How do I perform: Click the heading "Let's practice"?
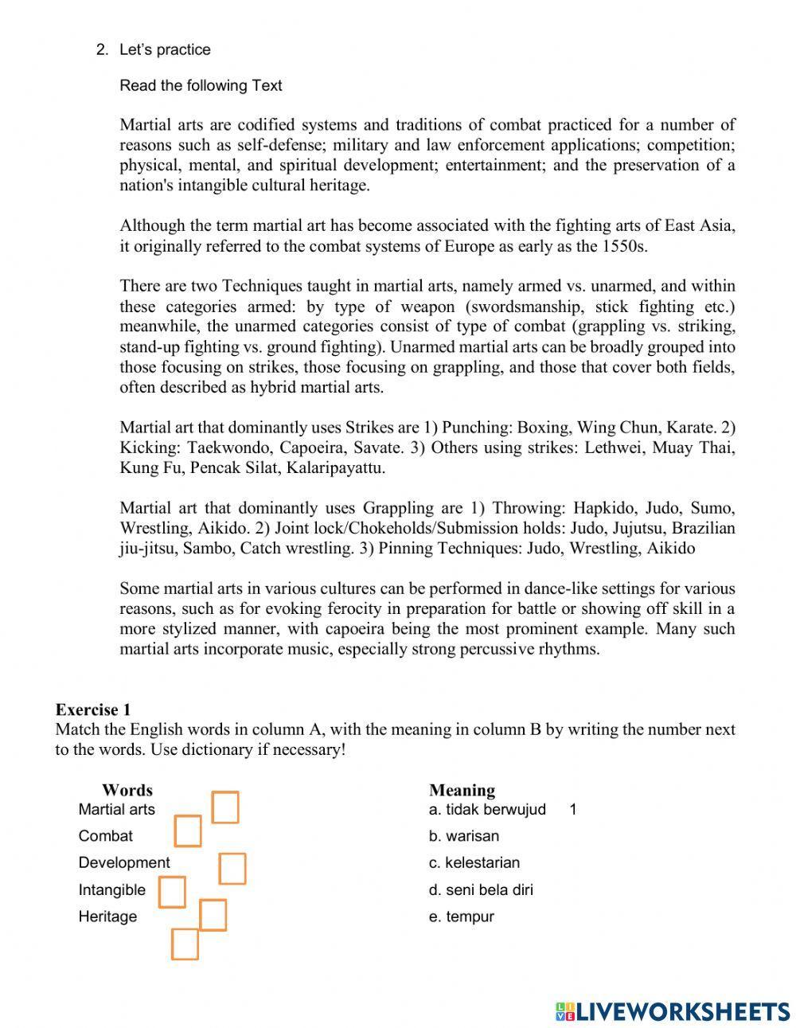click(x=165, y=49)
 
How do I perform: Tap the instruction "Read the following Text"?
click(x=201, y=85)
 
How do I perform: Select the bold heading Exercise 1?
click(x=92, y=709)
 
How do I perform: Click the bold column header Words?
click(x=127, y=790)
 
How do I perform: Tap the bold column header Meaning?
click(x=462, y=790)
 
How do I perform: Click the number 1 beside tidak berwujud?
click(x=573, y=810)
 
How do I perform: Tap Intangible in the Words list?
click(x=111, y=889)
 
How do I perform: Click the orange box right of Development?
click(x=232, y=869)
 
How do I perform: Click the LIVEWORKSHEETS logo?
click(x=673, y=1011)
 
